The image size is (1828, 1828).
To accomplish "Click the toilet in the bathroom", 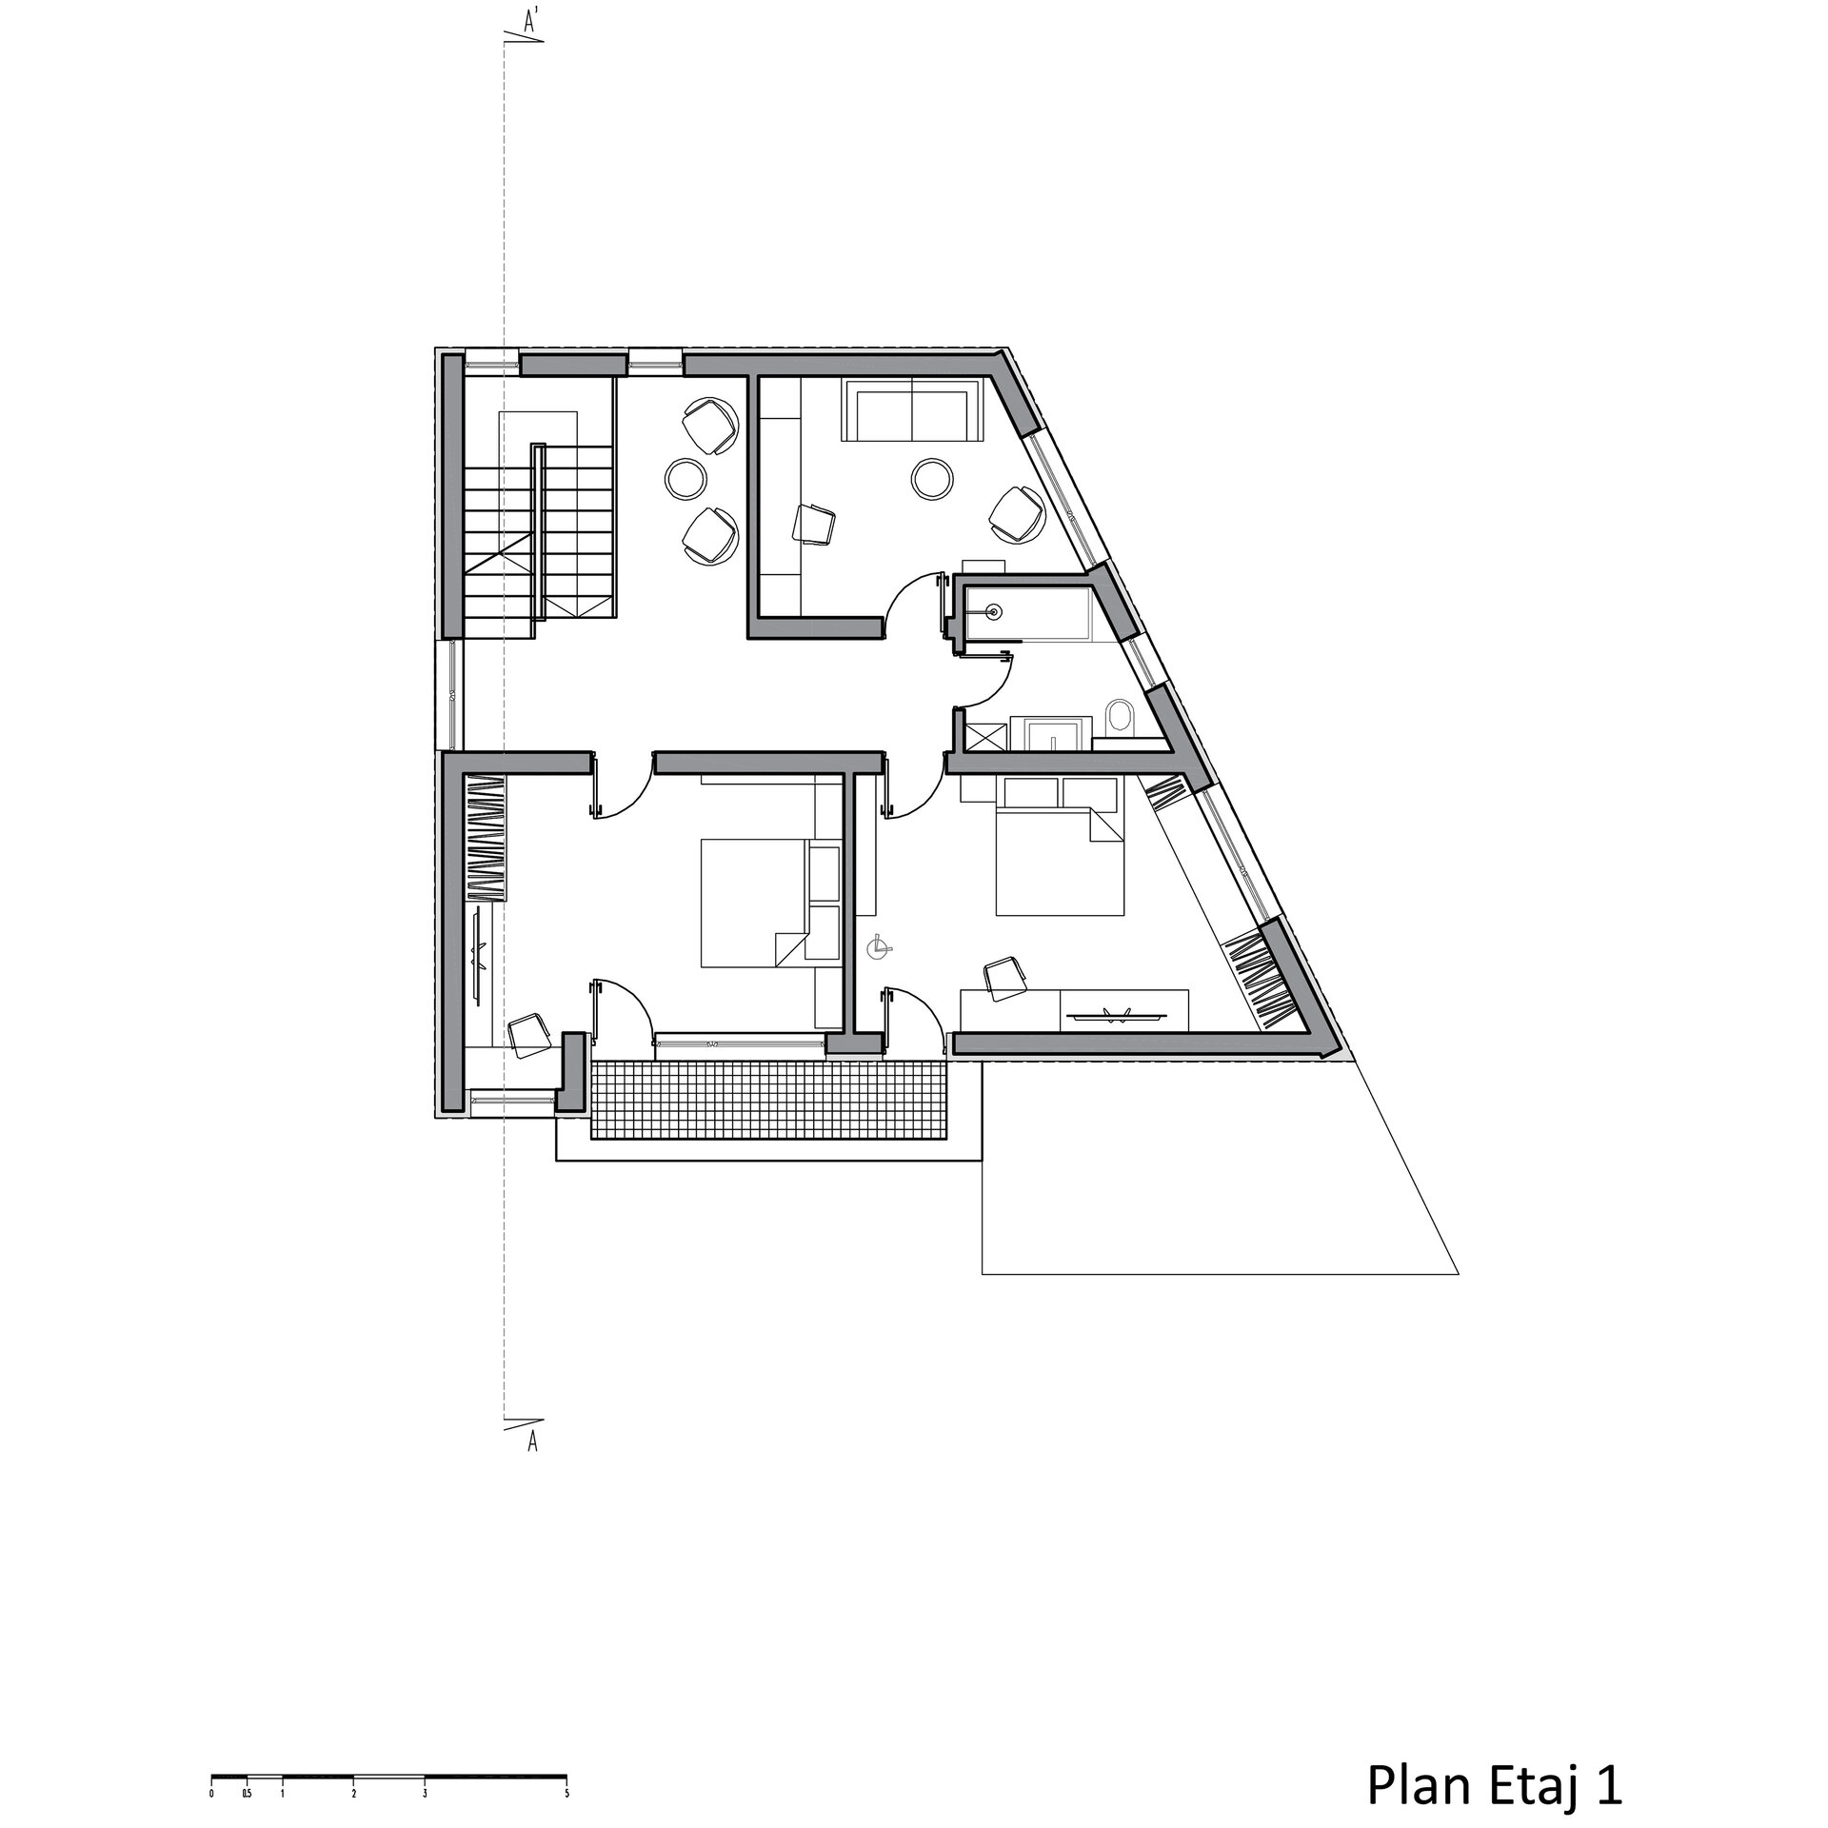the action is click(1121, 717).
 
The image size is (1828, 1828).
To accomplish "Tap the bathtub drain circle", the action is click(995, 612).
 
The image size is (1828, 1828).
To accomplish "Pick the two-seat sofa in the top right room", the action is click(913, 409).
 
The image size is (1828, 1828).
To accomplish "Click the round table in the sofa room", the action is click(932, 479).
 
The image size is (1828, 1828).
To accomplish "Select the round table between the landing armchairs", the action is click(685, 478).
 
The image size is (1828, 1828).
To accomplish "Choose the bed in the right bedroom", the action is click(1060, 847).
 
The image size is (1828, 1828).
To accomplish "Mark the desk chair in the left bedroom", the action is click(528, 1034).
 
